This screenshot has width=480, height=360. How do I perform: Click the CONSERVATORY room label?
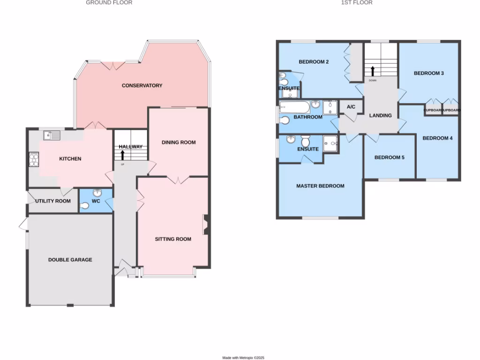(142, 85)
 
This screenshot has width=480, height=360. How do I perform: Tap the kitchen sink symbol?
(51, 136)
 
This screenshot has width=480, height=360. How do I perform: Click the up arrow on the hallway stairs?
(123, 155)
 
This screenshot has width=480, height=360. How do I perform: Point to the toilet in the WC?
(85, 205)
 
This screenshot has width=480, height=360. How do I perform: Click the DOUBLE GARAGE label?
(70, 260)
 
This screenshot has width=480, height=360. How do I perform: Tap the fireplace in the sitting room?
(205, 225)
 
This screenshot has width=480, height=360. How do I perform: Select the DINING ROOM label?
(179, 142)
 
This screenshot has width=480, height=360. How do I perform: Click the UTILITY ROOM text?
(53, 201)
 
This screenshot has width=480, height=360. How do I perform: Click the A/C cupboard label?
(351, 107)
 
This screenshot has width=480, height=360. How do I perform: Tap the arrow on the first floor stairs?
(373, 71)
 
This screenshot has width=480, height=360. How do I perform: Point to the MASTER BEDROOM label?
(320, 186)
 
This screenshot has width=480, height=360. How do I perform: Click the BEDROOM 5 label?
(389, 157)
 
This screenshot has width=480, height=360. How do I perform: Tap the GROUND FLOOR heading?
(109, 3)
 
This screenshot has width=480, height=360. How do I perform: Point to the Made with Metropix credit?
(243, 358)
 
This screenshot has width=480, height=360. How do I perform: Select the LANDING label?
(381, 115)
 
